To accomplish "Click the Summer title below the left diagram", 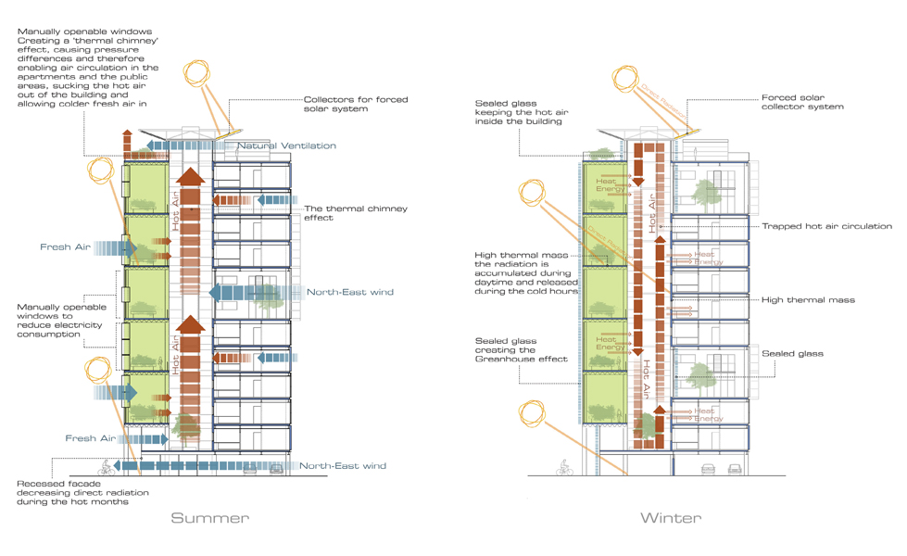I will pyautogui.click(x=209, y=518).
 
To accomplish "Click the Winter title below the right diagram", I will pyautogui.click(x=670, y=518).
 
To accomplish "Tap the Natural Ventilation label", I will pyautogui.click(x=286, y=146).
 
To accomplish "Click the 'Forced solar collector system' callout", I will pyautogui.click(x=802, y=102).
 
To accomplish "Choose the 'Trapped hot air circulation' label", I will pyautogui.click(x=826, y=226).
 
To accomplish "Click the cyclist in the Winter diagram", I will pyautogui.click(x=563, y=470).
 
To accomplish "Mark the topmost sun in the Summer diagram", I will pyautogui.click(x=198, y=73).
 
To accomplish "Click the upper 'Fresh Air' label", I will pyautogui.click(x=64, y=247).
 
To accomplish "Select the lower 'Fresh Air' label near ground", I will pyautogui.click(x=89, y=438).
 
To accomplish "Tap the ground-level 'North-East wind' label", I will pyautogui.click(x=342, y=465).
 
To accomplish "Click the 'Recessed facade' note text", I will pyautogui.click(x=72, y=493).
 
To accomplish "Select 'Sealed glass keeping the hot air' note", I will pyautogui.click(x=518, y=112).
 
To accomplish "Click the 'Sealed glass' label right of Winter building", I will pyautogui.click(x=792, y=354).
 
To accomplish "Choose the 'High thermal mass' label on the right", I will pyautogui.click(x=808, y=300).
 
